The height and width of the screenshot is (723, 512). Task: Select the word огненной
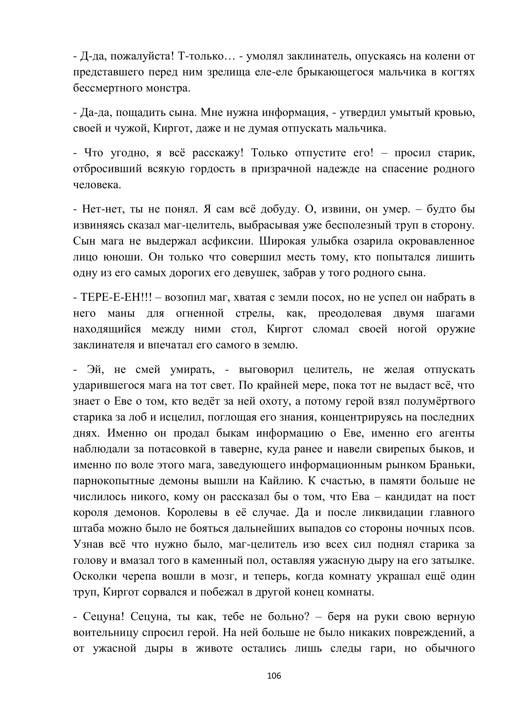[200, 314]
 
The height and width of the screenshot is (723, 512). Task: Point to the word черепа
[141, 576]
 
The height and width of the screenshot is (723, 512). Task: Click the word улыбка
[335, 241]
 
